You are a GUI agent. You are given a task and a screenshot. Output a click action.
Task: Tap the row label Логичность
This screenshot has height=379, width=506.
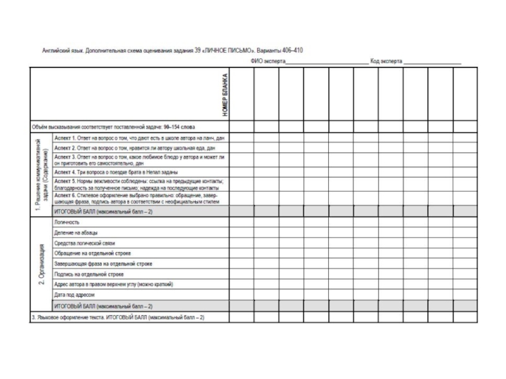[68, 223]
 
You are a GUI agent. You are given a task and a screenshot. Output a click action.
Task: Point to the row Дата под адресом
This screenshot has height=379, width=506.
[75, 294]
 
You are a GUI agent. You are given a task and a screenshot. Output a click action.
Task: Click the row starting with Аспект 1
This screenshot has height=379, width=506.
[139, 138]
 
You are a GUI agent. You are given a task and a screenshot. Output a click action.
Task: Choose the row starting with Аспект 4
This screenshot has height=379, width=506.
[116, 172]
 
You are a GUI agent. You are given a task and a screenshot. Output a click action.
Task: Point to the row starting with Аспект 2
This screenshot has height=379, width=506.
[126, 148]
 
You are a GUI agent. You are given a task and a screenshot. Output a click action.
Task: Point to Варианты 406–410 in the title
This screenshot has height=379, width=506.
[281, 49]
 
